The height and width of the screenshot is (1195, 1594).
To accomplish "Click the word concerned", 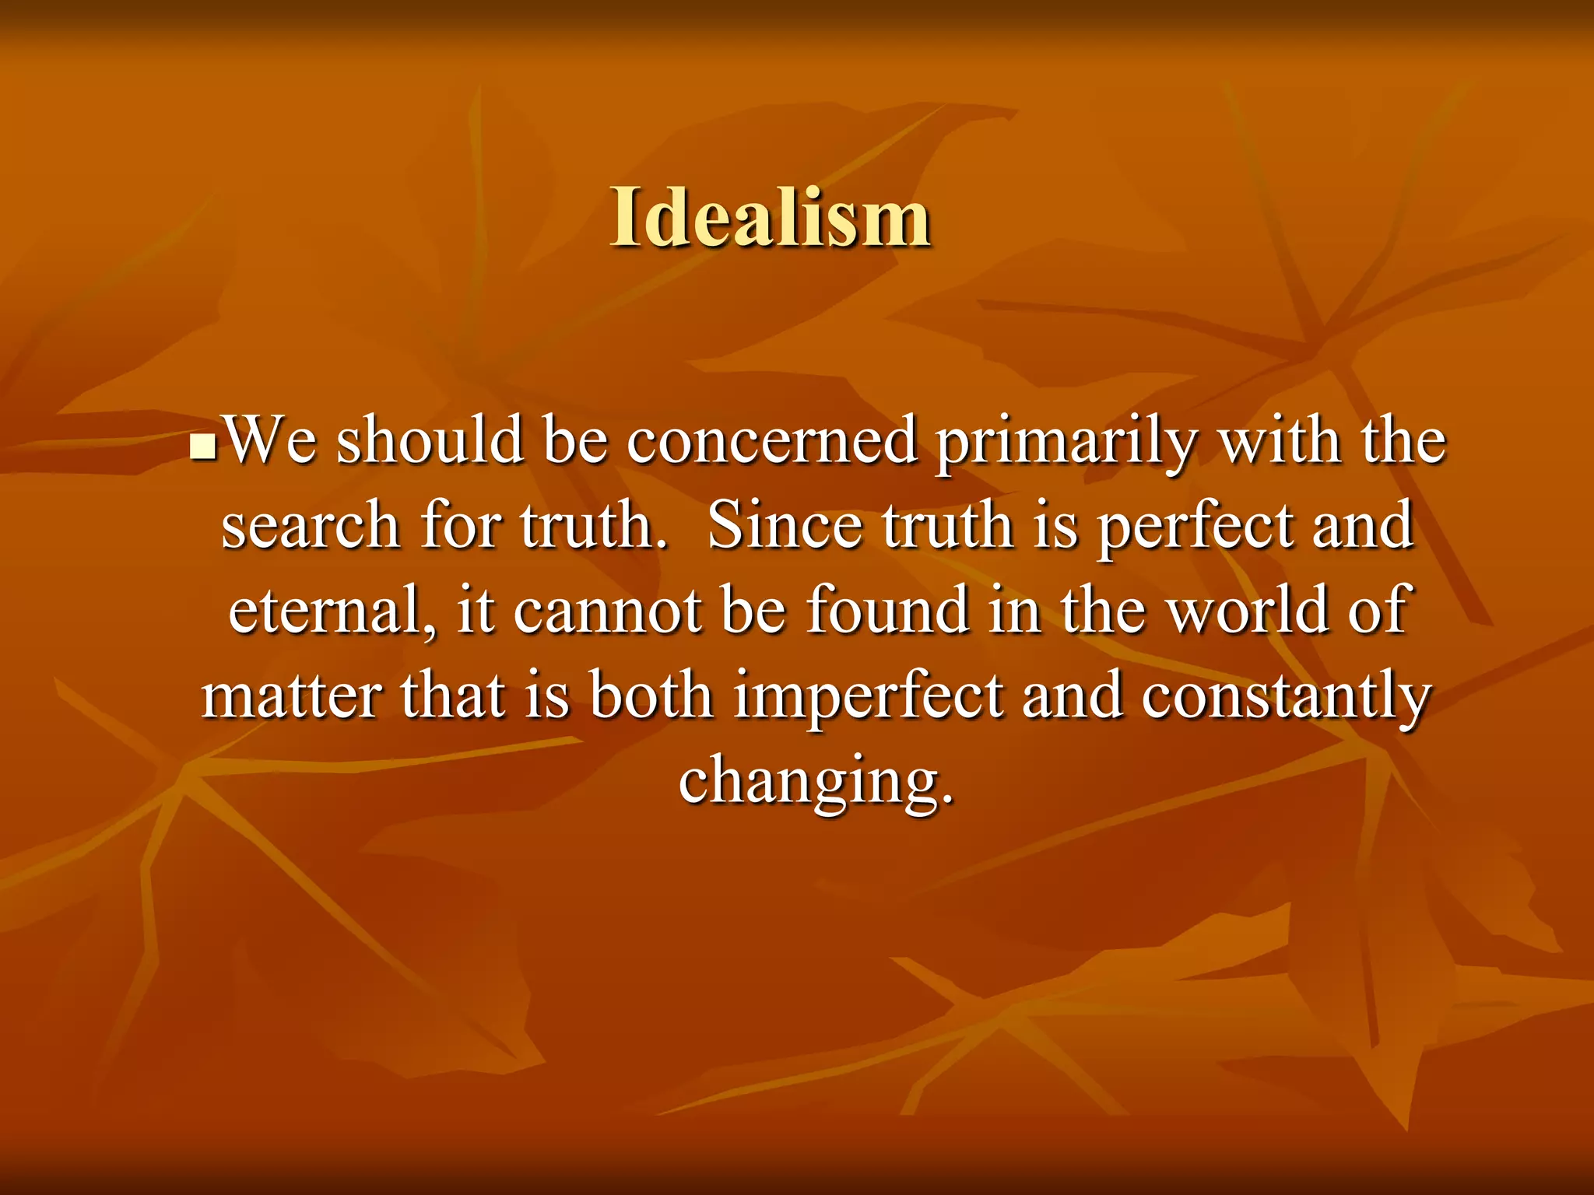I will coord(772,441).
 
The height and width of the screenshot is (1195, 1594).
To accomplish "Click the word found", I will coord(887,610).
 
